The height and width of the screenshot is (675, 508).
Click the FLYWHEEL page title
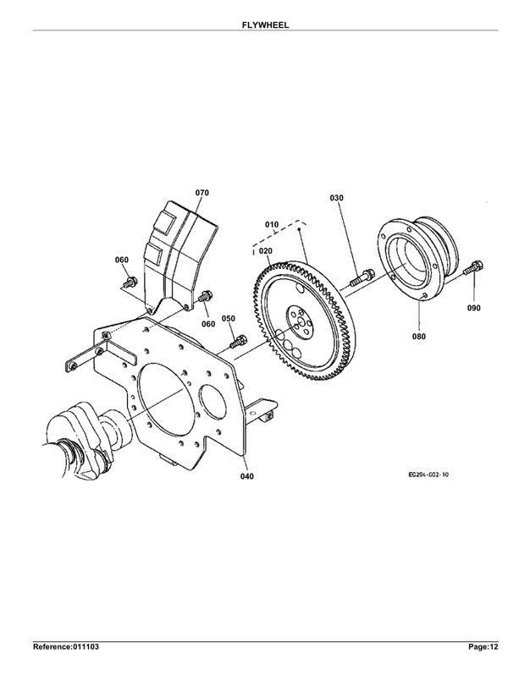coord(265,25)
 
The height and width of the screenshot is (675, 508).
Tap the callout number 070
coord(202,193)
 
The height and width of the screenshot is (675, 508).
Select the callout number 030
coord(336,198)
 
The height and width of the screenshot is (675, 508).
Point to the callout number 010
coord(272,225)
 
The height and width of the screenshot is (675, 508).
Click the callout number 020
coord(265,251)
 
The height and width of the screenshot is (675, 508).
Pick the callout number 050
coord(229,319)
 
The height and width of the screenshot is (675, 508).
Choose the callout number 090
coord(473,308)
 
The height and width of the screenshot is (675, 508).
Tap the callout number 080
coord(419,337)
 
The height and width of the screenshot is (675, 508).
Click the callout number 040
coord(247,476)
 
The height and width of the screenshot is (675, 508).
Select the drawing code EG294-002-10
coord(428,475)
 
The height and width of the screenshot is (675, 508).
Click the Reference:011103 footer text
coord(66,647)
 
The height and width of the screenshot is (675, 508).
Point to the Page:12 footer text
coord(483,647)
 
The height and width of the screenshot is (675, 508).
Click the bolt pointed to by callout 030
coord(362,277)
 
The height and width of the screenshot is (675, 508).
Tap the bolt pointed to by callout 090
coord(473,268)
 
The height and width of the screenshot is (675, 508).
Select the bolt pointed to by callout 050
coord(238,342)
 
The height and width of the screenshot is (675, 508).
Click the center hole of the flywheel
coord(301,323)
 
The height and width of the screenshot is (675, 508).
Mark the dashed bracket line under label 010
coord(279,235)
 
